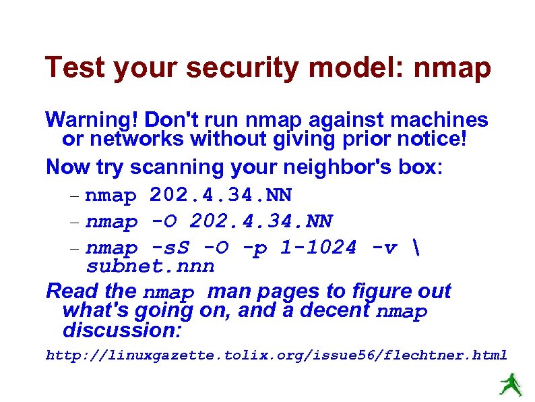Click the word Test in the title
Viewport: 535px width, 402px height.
[x=75, y=68]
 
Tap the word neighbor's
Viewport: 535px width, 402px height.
[x=317, y=166]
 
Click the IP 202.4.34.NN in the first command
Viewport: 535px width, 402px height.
[x=221, y=195]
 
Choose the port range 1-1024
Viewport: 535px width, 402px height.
[x=317, y=248]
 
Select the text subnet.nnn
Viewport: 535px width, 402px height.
[x=150, y=266]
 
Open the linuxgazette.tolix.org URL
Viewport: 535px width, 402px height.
[x=276, y=355]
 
